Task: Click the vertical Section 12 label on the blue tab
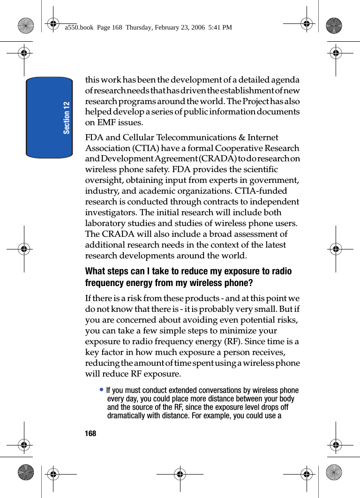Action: (x=67, y=117)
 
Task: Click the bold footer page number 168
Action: (x=90, y=434)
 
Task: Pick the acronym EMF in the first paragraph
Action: (x=106, y=122)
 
